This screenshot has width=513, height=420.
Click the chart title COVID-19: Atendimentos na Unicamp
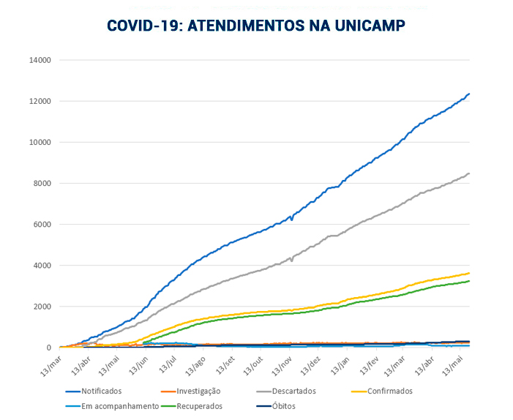(255, 26)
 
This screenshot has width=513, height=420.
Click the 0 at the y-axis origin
(48, 348)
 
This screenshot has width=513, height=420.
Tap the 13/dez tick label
(310, 362)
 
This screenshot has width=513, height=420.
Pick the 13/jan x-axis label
(339, 362)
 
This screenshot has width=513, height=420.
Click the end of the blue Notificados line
(468, 94)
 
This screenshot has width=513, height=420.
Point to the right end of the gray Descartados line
(468, 173)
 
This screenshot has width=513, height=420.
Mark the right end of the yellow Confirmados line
(468, 273)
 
